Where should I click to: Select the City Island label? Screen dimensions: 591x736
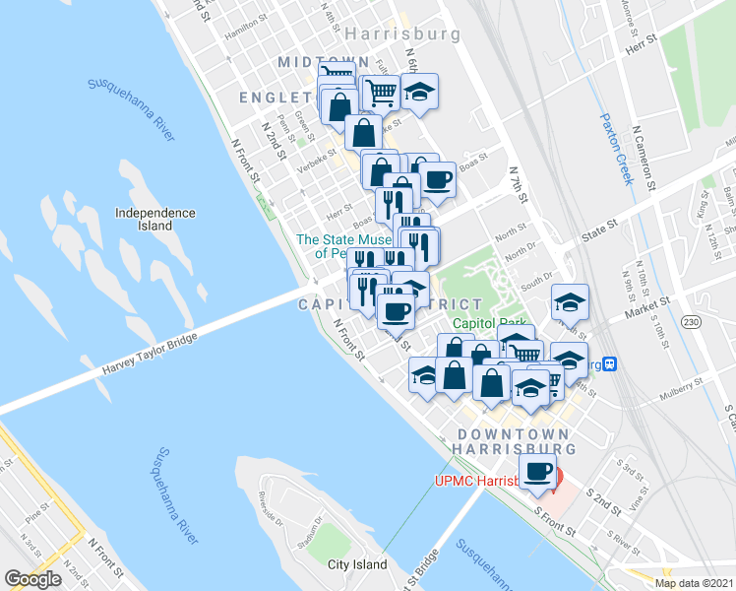[x=356, y=565]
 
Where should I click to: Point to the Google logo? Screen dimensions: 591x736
[x=32, y=579]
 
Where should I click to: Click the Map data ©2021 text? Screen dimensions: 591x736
[x=694, y=583]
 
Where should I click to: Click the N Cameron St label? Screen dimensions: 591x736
[x=645, y=158]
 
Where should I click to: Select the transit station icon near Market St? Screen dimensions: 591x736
[x=610, y=363]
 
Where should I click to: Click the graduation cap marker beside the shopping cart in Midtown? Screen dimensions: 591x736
[x=420, y=95]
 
